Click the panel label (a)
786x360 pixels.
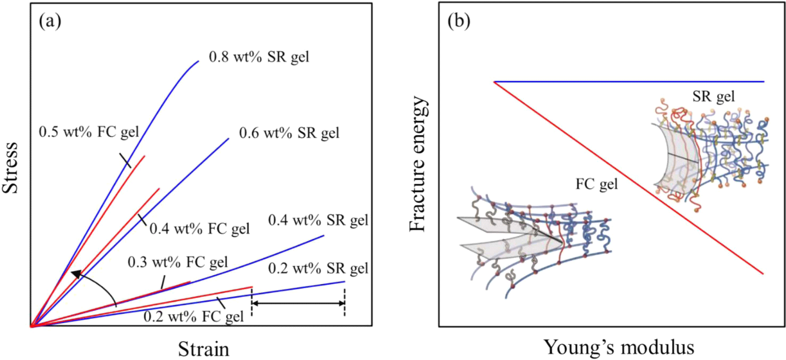[x=50, y=21]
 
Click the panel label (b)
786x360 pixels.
[x=459, y=21]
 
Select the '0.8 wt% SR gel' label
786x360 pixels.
[x=259, y=57]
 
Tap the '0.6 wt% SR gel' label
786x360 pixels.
[x=289, y=133]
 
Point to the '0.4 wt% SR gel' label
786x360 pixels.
[x=318, y=220]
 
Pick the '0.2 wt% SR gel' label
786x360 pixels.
[x=318, y=268]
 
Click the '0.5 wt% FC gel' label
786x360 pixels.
[x=89, y=132]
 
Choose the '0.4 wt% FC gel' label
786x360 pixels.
[x=200, y=229]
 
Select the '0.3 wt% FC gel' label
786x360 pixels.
[x=178, y=262]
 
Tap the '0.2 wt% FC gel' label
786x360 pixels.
[x=194, y=317]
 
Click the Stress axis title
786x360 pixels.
[x=11, y=168]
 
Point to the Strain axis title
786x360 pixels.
[x=204, y=349]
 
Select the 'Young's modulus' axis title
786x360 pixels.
[x=619, y=347]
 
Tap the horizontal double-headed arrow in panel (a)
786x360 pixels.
[x=298, y=303]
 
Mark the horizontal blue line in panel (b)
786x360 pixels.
[x=629, y=82]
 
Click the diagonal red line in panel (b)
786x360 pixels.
[x=629, y=178]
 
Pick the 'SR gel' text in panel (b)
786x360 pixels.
[x=714, y=96]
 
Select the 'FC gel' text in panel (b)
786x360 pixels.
[x=596, y=184]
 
